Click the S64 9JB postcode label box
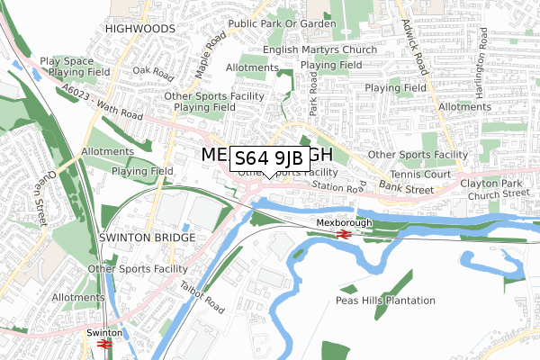pyautogui.click(x=270, y=159)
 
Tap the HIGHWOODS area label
pyautogui.click(x=139, y=29)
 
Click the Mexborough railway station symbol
pyautogui.click(x=342, y=234)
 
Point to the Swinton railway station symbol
pyautogui.click(x=103, y=344)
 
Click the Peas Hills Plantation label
pyautogui.click(x=385, y=300)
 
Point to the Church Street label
pyautogui.click(x=504, y=193)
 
